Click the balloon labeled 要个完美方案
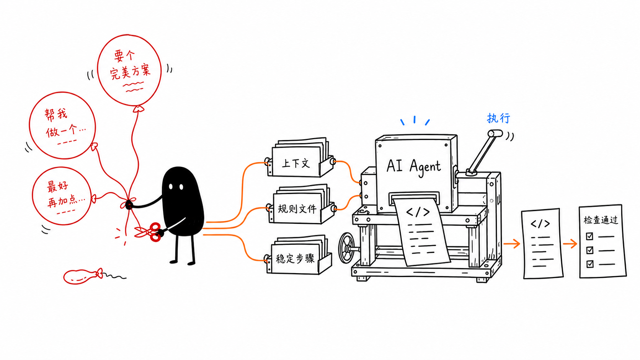pyautogui.click(x=129, y=70)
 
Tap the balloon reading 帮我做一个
pyautogui.click(x=62, y=125)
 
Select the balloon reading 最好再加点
pyautogui.click(x=62, y=196)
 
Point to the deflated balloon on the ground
pyautogui.click(x=82, y=276)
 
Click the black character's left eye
pyautogui.click(x=171, y=187)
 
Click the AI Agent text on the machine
pyautogui.click(x=413, y=167)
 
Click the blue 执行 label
pyautogui.click(x=498, y=118)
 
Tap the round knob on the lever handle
pyautogui.click(x=495, y=133)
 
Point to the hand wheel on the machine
pyautogui.click(x=346, y=248)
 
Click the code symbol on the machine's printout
pyautogui.click(x=418, y=212)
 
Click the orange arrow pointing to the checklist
pyautogui.click(x=570, y=244)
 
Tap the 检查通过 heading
pyautogui.click(x=601, y=220)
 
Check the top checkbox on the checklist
pyautogui.click(x=589, y=236)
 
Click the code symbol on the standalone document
pyautogui.click(x=540, y=224)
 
